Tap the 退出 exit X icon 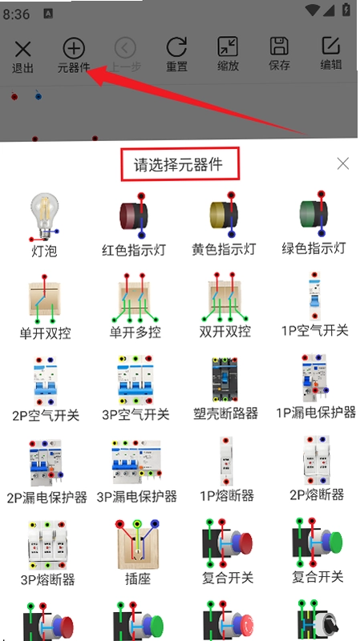[x=22, y=49]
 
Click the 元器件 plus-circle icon [x=74, y=48]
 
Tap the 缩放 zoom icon [x=228, y=46]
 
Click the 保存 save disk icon [x=279, y=46]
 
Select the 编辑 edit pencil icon [x=331, y=46]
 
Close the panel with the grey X [x=343, y=163]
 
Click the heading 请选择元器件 [x=178, y=165]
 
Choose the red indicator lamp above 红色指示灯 [x=133, y=216]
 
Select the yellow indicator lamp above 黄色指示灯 [x=224, y=215]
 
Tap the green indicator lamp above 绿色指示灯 [x=313, y=213]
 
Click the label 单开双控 [x=45, y=333]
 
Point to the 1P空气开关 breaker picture [x=314, y=296]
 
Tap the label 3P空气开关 [x=136, y=415]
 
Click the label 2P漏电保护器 [x=47, y=498]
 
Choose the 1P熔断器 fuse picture [x=226, y=461]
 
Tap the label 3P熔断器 [x=47, y=579]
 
